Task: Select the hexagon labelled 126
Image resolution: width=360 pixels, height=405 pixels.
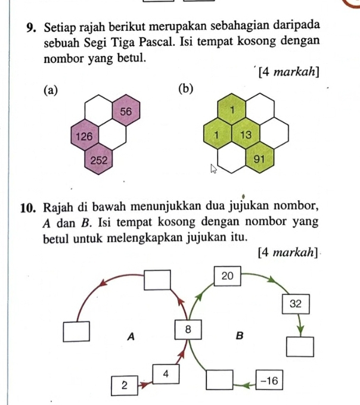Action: [84, 136]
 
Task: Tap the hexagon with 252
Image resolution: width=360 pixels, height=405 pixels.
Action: [98, 160]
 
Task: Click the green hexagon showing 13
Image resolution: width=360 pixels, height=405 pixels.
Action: [246, 135]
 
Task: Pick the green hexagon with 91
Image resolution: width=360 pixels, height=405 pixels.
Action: [259, 160]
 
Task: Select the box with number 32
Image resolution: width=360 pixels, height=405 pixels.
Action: [296, 304]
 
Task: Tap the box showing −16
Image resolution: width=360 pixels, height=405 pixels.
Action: [270, 379]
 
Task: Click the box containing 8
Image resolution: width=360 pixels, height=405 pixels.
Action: [188, 329]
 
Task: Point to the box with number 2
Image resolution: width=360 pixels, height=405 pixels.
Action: [125, 385]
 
